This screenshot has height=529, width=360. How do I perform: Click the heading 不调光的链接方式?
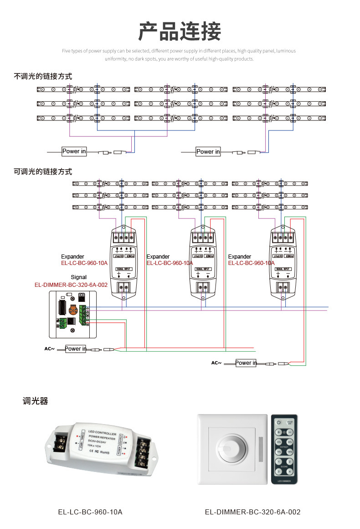(43, 76)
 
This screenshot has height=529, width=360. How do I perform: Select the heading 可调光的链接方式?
(43, 172)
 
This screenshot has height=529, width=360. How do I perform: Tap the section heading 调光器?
(35, 401)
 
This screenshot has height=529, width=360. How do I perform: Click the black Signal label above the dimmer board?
(78, 277)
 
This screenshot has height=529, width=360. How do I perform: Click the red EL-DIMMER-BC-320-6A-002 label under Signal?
(71, 285)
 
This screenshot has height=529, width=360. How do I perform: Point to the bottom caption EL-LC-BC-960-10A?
(90, 512)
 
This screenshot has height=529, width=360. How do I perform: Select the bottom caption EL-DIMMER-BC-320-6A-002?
(252, 512)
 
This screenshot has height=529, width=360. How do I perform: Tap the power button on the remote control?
(278, 422)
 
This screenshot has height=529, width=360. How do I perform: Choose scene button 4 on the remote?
(289, 472)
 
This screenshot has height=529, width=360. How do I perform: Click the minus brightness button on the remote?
(289, 432)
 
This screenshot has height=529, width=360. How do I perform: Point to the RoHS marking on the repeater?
(104, 452)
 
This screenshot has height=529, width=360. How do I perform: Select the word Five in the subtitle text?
(66, 51)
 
